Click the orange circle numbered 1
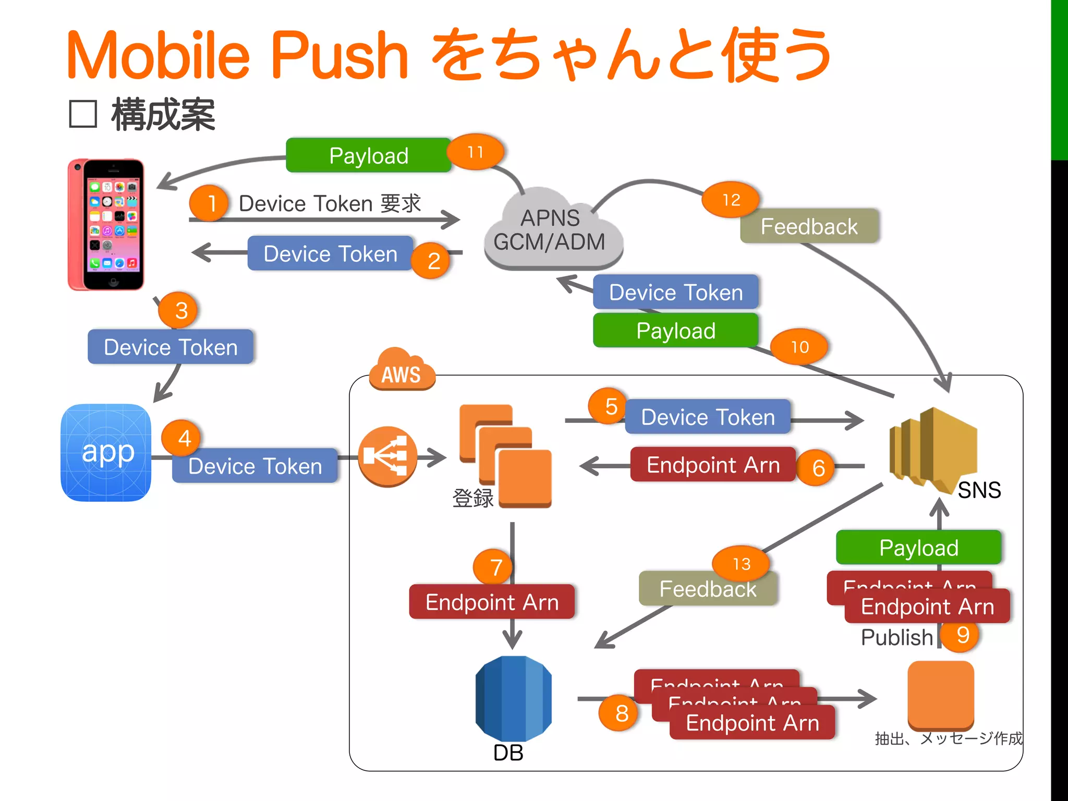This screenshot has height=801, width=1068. (x=209, y=203)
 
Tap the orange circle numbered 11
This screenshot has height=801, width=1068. (x=476, y=152)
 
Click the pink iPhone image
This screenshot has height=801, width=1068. (x=106, y=225)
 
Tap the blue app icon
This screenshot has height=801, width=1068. (x=106, y=452)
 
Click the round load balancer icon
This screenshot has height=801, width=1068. (x=387, y=457)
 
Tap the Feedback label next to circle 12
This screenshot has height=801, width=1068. (x=809, y=226)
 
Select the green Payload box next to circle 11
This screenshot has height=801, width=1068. (x=368, y=155)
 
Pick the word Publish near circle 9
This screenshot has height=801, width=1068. (x=896, y=637)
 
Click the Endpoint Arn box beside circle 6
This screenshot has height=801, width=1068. (x=713, y=465)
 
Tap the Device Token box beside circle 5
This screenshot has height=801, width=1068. (x=708, y=417)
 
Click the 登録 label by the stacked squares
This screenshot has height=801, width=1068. (x=472, y=498)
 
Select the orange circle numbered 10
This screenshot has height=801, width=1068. (x=799, y=347)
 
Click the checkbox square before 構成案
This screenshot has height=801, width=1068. (x=83, y=114)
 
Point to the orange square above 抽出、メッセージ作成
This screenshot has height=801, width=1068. (x=940, y=695)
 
